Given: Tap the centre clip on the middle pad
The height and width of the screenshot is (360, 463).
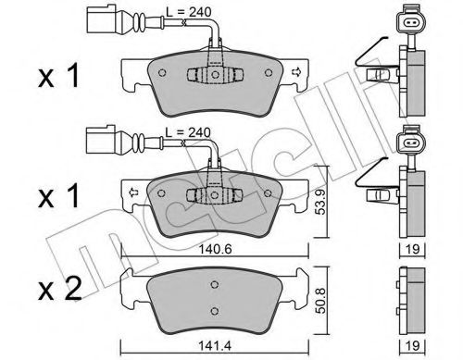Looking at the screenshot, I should tap(212, 195).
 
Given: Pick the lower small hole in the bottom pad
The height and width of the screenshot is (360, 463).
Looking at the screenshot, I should tap(214, 310).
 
